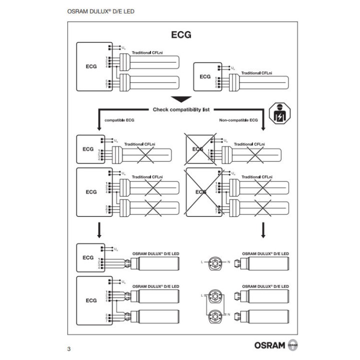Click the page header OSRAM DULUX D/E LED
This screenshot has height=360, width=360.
100,11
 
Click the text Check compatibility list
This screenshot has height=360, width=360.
181,109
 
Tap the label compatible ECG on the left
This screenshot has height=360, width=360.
119,120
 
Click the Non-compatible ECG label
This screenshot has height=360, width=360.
238,120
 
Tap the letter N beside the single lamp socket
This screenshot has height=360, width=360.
229,262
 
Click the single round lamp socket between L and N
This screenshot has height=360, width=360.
215,262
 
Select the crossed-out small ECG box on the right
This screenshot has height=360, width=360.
198,149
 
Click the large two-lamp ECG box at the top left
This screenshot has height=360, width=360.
91,66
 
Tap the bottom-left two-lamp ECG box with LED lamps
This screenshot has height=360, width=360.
91,300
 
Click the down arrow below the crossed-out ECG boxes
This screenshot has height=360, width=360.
263,230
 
